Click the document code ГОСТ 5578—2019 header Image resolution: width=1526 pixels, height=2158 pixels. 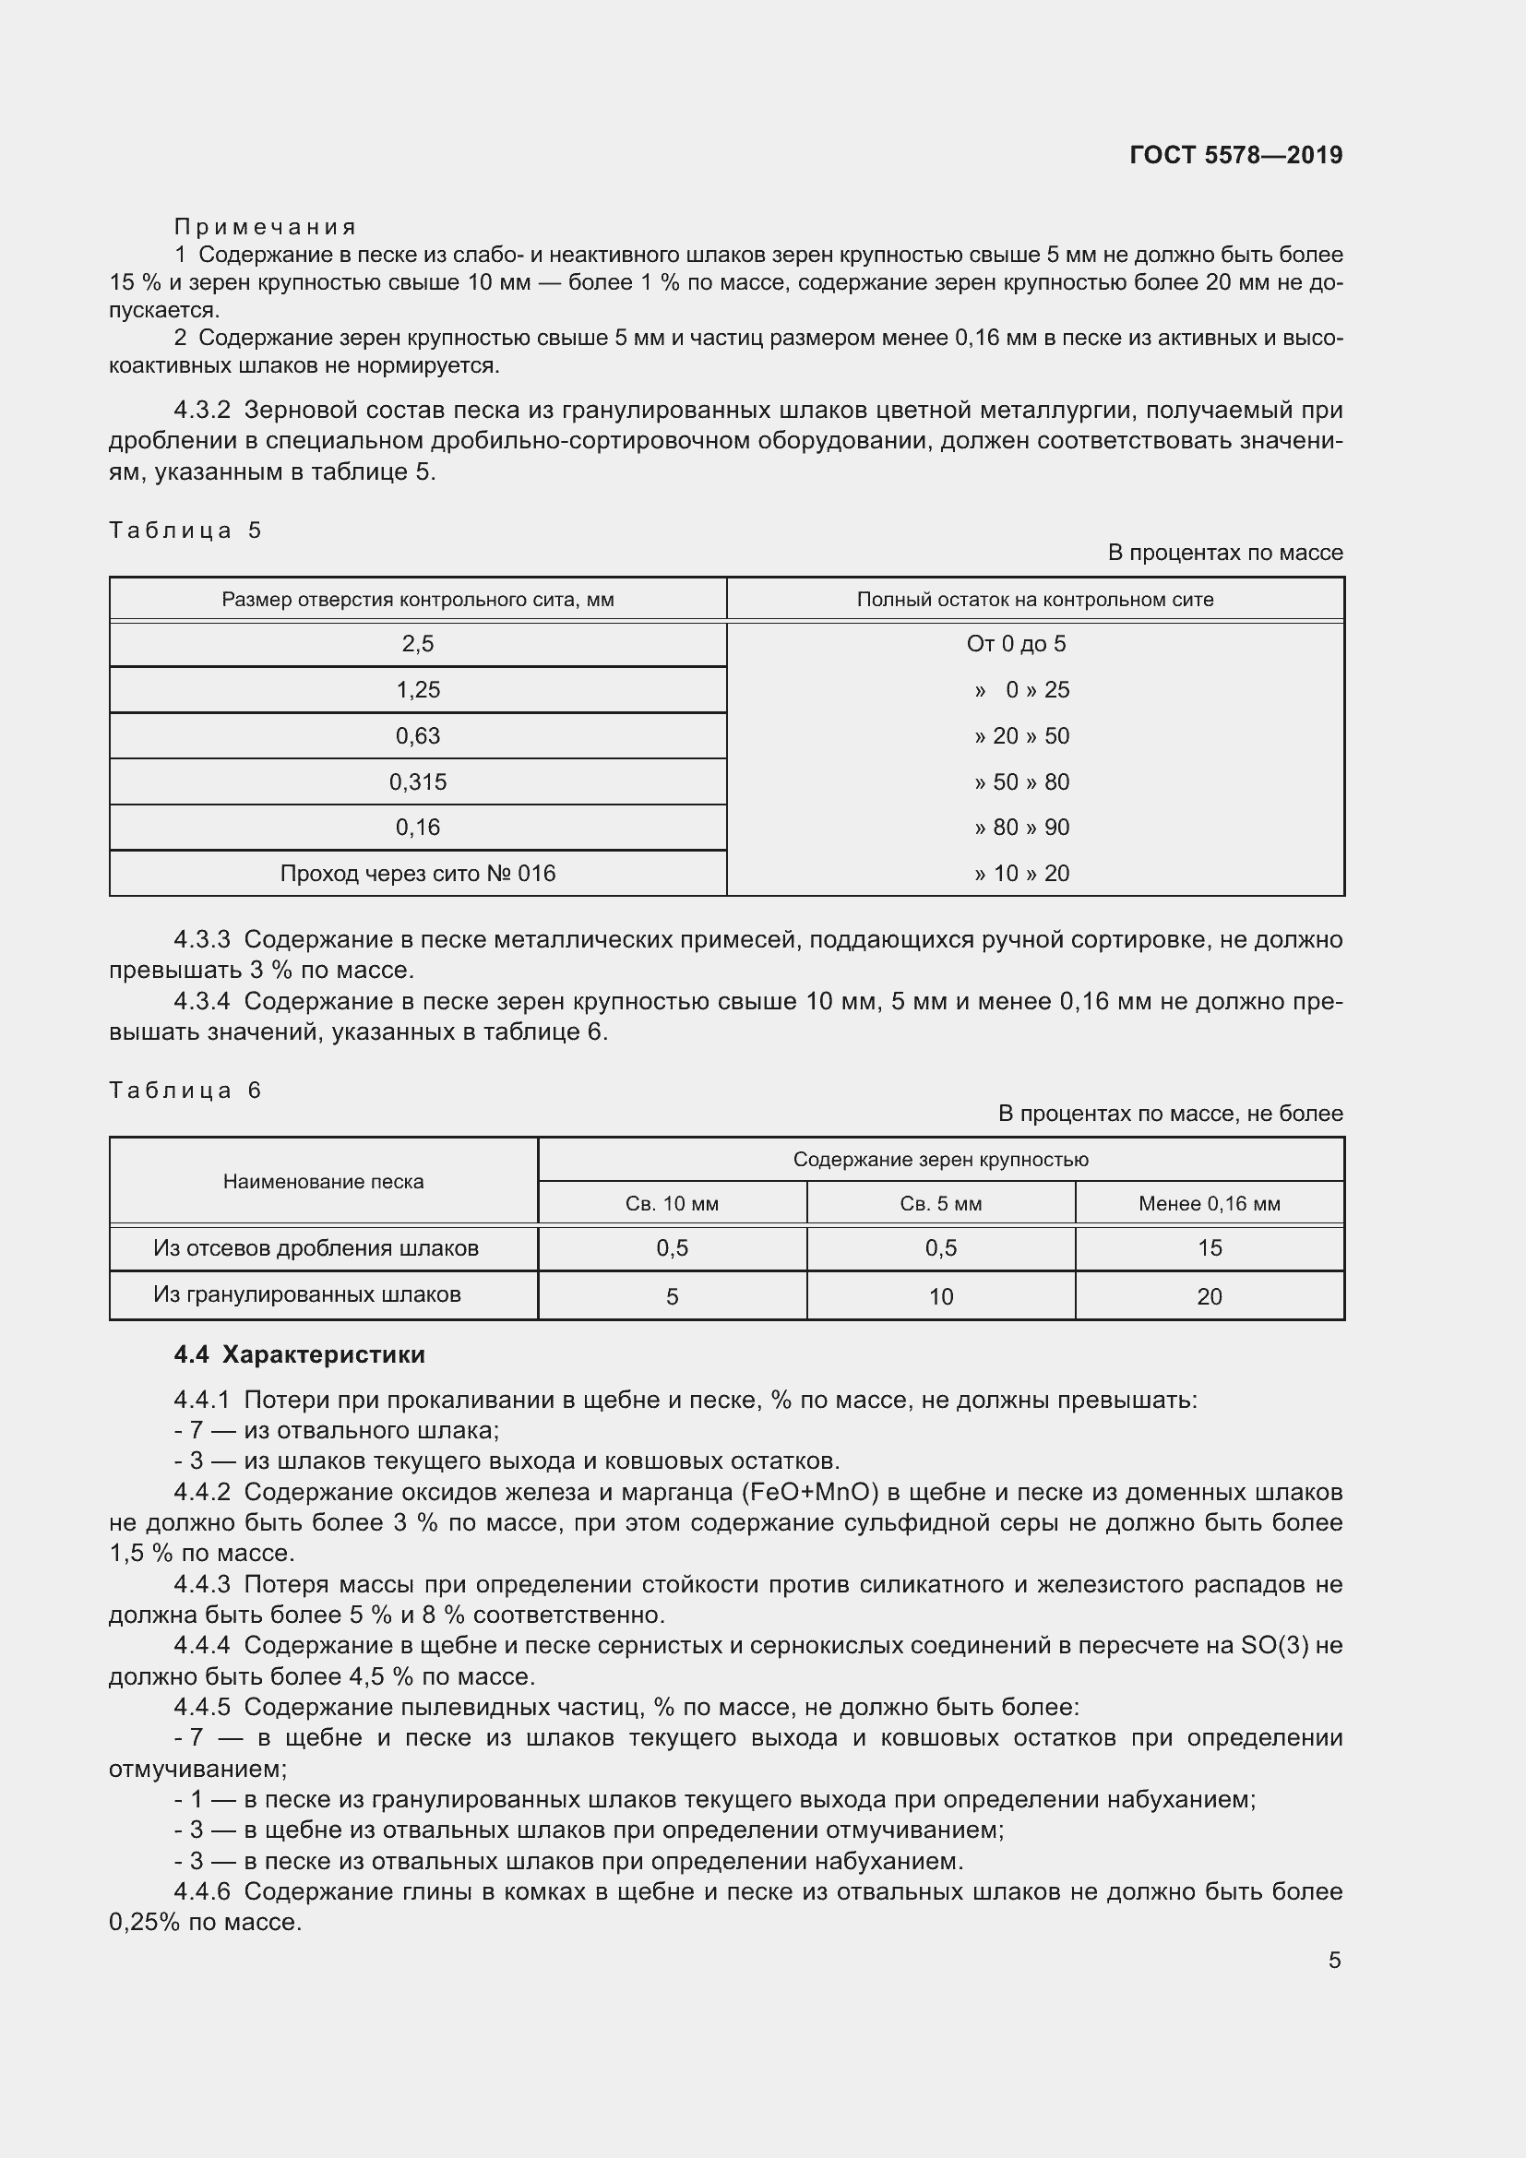(x=1234, y=155)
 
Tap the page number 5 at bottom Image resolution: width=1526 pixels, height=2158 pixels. (x=1334, y=1960)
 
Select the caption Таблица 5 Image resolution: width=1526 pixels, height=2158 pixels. (x=185, y=531)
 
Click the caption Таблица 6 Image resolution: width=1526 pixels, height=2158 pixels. (x=185, y=1091)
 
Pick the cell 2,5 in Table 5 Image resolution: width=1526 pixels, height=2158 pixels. (x=417, y=644)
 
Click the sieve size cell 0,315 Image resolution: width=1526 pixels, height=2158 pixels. (x=417, y=782)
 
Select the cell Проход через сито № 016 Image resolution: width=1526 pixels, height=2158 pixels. (x=417, y=873)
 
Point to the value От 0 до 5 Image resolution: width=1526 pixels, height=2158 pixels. (x=1016, y=644)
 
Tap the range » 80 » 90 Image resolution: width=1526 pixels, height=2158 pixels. (x=1021, y=827)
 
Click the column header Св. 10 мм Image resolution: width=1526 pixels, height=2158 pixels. (x=672, y=1204)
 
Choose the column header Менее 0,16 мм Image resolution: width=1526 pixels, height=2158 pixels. (x=1209, y=1204)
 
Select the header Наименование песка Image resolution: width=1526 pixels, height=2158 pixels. (x=323, y=1182)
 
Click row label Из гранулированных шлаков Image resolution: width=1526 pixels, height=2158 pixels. (x=306, y=1294)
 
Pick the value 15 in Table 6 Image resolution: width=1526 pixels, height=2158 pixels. (x=1209, y=1248)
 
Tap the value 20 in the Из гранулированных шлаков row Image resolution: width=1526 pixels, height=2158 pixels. (x=1209, y=1297)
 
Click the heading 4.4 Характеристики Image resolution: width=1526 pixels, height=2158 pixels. (x=299, y=1354)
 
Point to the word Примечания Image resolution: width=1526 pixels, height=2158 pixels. (x=265, y=227)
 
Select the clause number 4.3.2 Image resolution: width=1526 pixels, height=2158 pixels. (x=201, y=411)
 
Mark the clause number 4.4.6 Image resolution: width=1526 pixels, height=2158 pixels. (x=201, y=1891)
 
